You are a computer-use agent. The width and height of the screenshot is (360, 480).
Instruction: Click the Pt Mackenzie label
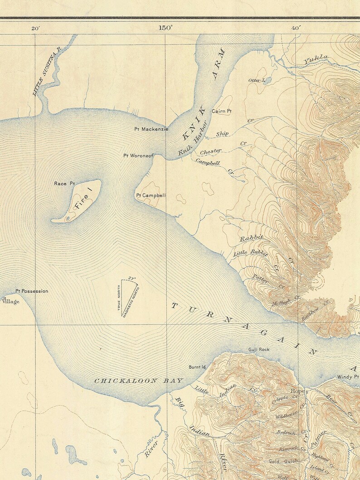coord(151,129)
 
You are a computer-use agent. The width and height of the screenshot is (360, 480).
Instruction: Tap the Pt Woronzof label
coord(139,156)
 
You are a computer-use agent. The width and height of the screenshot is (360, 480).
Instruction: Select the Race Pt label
coord(64,184)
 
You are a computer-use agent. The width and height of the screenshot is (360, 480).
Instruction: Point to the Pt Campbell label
coord(151,195)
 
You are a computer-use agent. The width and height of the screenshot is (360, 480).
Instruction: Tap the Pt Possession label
coord(31,291)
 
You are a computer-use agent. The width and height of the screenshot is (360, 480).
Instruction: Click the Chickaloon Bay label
coord(139,381)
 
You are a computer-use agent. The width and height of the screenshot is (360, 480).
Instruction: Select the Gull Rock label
coord(259,349)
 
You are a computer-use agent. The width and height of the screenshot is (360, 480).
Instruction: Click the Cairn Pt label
coord(222,111)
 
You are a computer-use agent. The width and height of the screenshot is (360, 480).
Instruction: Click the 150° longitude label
coord(165,28)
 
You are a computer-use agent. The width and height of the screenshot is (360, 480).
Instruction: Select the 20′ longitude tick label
coord(35,28)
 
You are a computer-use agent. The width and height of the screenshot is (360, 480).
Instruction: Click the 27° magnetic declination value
coord(132,278)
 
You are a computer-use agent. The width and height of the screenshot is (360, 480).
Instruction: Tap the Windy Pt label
coord(348,377)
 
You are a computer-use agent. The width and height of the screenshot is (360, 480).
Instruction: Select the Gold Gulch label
coord(283,461)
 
